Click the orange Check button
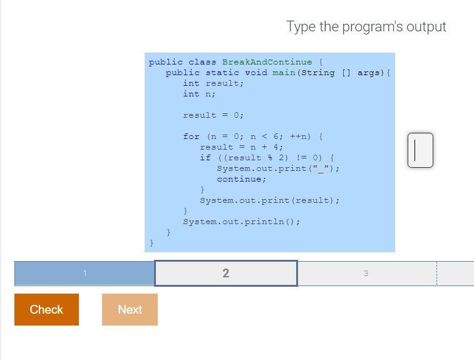tap(46, 309)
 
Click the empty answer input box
tap(420, 150)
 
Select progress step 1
tap(85, 273)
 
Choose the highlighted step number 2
tap(226, 273)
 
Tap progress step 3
tap(366, 273)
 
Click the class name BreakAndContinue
tap(267, 62)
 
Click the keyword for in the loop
tap(191, 136)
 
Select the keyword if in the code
tap(205, 158)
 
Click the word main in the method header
tap(284, 73)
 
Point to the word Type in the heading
tap(301, 27)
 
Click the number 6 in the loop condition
tap(276, 136)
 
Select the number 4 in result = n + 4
tap(276, 147)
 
